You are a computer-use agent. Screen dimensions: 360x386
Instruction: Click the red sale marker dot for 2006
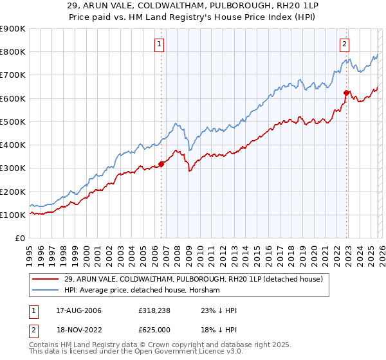click(x=161, y=164)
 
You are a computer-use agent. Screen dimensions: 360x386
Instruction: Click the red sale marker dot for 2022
click(x=346, y=93)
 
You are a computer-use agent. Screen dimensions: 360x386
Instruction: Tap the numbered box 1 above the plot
click(x=159, y=44)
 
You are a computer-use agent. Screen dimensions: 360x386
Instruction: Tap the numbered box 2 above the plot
click(x=344, y=44)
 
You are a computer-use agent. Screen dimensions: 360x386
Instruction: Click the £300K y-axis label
click(x=13, y=168)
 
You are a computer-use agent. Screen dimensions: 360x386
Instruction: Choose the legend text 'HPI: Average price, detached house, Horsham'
click(x=142, y=291)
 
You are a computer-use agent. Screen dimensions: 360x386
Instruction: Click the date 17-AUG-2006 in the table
click(x=75, y=311)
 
